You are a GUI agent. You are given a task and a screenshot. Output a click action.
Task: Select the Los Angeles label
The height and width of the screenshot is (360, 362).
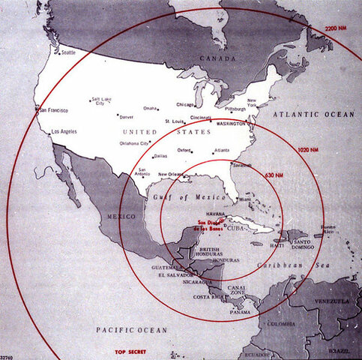tap(64, 131)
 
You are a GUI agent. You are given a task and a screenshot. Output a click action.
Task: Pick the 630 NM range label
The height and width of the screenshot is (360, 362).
tap(275, 175)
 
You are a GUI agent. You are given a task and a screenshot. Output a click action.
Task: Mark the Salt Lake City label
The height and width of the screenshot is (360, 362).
tap(100, 102)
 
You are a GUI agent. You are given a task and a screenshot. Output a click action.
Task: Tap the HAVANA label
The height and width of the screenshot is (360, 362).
tap(217, 212)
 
